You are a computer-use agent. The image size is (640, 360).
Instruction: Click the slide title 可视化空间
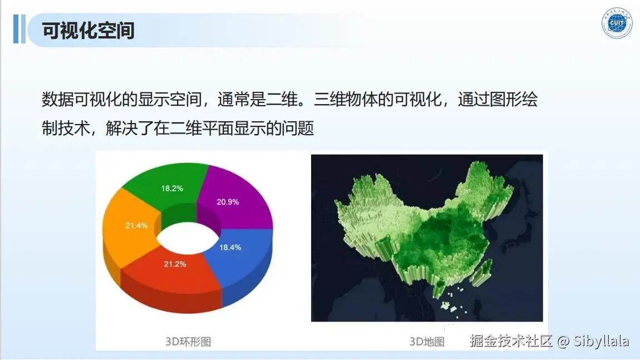pyautogui.click(x=88, y=31)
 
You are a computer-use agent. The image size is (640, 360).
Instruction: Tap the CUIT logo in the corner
pyautogui.click(x=617, y=23)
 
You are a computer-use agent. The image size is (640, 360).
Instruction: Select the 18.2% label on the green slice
pyautogui.click(x=172, y=188)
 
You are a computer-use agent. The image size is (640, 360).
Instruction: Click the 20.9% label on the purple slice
pyautogui.click(x=228, y=201)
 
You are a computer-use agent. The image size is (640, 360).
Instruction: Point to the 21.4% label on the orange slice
pyautogui.click(x=136, y=225)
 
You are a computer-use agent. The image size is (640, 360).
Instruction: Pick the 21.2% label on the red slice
pyautogui.click(x=175, y=264)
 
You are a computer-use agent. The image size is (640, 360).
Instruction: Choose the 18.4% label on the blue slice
pyautogui.click(x=230, y=248)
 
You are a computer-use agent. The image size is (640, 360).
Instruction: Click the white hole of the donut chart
pyautogui.click(x=188, y=238)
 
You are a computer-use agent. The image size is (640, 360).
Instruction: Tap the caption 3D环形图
pyautogui.click(x=188, y=342)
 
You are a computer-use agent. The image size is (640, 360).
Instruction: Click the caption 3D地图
pyautogui.click(x=427, y=342)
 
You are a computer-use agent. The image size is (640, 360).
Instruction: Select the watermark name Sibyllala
pyautogui.click(x=601, y=341)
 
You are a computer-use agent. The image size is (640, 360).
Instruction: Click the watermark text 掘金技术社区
pyautogui.click(x=511, y=341)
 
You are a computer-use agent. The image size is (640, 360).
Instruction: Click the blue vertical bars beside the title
pyautogui.click(x=19, y=29)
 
